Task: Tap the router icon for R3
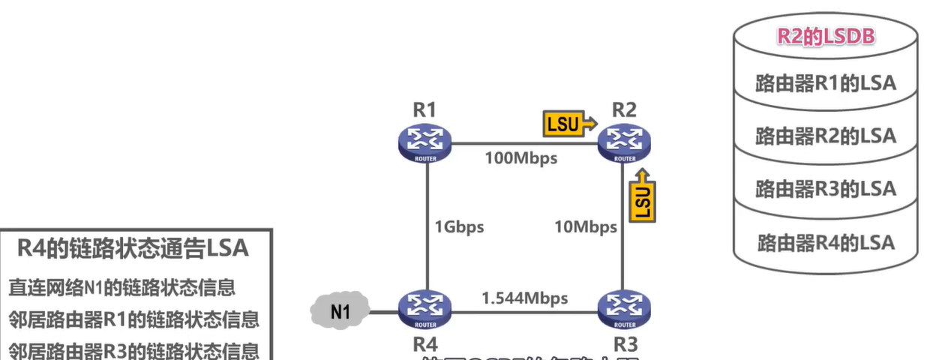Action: [624, 309]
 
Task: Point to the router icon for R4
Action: [424, 309]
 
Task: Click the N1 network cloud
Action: [340, 310]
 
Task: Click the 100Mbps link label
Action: [520, 158]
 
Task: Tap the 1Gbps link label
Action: [459, 226]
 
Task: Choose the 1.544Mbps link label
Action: [524, 298]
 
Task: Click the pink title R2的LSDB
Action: [825, 37]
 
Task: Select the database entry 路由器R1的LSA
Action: [825, 82]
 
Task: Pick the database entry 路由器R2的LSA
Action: [825, 135]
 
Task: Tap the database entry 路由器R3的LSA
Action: [825, 187]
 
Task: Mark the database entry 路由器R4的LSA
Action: [825, 241]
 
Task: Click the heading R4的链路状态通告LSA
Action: [132, 249]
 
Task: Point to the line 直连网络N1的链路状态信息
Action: [121, 286]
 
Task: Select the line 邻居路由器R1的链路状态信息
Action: [133, 319]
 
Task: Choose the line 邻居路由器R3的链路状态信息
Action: [133, 350]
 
